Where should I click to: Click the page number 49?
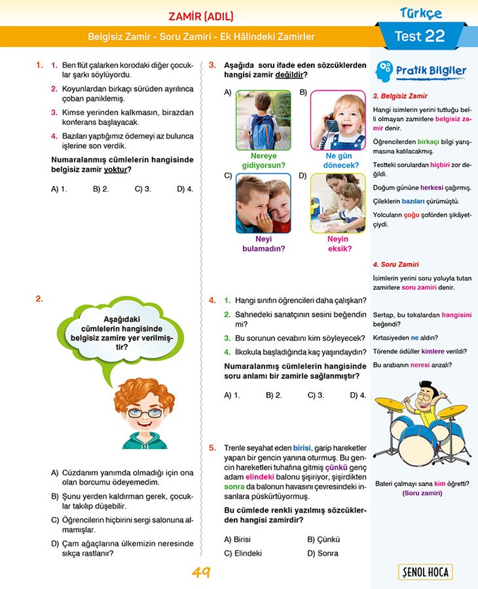click(200, 573)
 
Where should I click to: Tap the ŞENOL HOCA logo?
click(425, 572)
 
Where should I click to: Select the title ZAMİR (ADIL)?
click(200, 16)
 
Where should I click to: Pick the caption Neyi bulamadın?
click(264, 243)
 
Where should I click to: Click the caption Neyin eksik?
click(339, 243)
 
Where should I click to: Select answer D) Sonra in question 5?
click(323, 553)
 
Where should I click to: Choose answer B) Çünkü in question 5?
click(323, 539)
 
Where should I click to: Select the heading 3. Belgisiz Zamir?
click(399, 96)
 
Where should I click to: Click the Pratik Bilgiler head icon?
click(385, 69)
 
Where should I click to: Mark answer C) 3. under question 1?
click(143, 188)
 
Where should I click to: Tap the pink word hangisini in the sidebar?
click(456, 314)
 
